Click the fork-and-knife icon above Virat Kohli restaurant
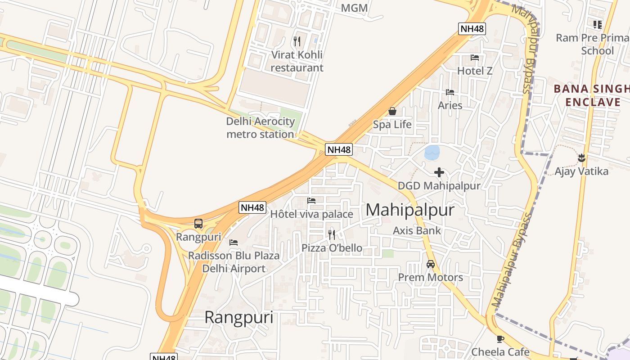(297, 41)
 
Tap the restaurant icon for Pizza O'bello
(332, 234)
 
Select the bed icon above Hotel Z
(475, 58)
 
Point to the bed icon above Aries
(450, 92)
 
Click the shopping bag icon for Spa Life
(392, 111)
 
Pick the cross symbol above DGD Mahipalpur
(439, 172)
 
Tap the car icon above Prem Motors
(431, 264)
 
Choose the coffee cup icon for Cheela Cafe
(500, 339)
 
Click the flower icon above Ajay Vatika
(581, 157)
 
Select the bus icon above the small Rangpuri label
(198, 223)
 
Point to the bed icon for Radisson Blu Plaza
(234, 242)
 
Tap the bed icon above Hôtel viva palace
(311, 201)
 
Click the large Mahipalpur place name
(410, 210)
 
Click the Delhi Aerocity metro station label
(261, 128)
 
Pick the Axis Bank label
(417, 231)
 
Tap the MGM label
(354, 8)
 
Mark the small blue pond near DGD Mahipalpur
(432, 153)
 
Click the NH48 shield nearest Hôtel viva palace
(252, 207)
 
